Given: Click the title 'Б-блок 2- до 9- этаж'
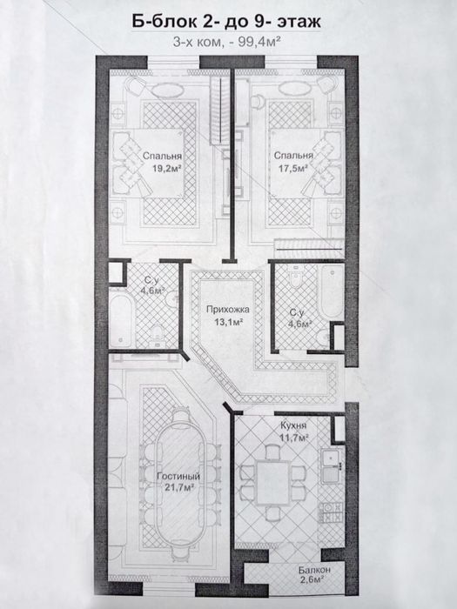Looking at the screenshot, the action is tap(226, 22).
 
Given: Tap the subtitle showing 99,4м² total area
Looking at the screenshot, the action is tap(227, 42).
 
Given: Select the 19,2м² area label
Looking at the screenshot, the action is tap(167, 168).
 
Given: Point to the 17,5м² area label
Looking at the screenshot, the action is tap(293, 168).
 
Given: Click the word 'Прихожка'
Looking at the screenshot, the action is tap(227, 310).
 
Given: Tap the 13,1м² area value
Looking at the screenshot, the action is tap(228, 321).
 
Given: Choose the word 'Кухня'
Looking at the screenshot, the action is tap(293, 425).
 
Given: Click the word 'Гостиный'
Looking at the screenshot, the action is tap(178, 476).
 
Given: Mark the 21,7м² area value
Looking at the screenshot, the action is tap(178, 487).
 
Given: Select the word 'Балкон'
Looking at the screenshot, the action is tap(315, 570).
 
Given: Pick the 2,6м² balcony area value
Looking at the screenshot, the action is tap(312, 580).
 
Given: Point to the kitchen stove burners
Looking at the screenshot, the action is tap(333, 512).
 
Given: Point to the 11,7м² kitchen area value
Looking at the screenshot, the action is tap(294, 438).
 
